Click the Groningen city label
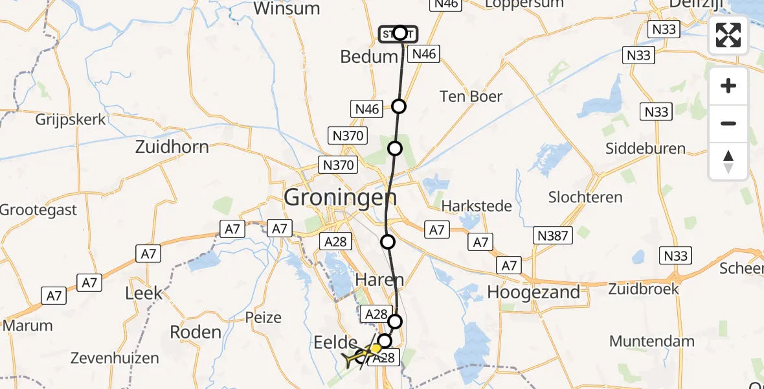341,197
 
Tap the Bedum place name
369,57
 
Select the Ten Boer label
471,97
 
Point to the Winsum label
287,8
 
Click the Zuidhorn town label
172,147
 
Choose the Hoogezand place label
534,292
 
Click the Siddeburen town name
645,148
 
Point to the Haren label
380,280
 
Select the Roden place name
195,332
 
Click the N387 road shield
552,235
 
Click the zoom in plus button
728,86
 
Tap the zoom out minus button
728,123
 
